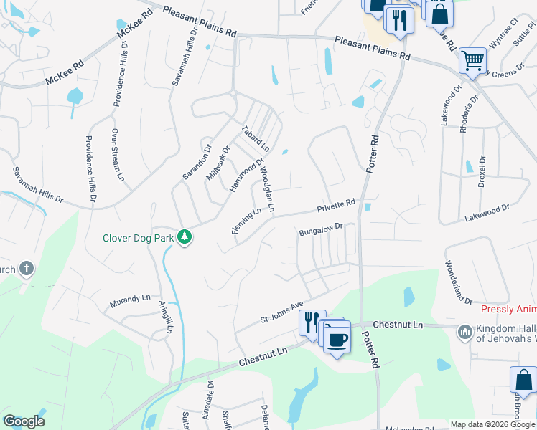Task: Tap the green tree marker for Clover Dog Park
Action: (185, 236)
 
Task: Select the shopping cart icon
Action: (472, 61)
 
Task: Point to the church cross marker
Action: (26, 269)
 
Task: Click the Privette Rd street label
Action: (337, 206)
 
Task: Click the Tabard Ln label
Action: (255, 138)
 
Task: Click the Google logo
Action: (24, 421)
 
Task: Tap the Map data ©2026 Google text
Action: (492, 424)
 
